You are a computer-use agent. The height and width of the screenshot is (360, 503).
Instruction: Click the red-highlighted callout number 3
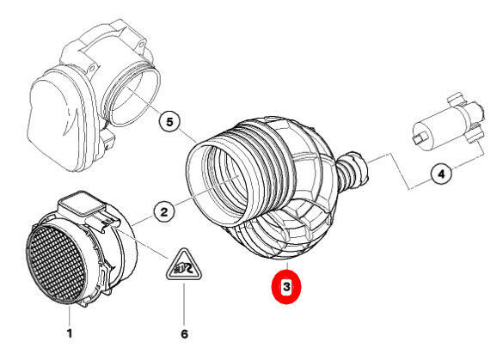pyautogui.click(x=286, y=286)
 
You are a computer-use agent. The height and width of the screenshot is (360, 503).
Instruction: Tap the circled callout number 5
pyautogui.click(x=169, y=122)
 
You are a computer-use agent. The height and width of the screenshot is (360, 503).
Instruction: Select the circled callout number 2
pyautogui.click(x=164, y=212)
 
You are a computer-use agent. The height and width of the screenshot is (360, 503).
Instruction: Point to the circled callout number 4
pyautogui.click(x=441, y=174)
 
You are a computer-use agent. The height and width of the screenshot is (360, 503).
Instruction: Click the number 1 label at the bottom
pyautogui.click(x=70, y=333)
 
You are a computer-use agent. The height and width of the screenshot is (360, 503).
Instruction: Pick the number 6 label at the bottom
pyautogui.click(x=184, y=334)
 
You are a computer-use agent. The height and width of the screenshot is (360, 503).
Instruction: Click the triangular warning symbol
pyautogui.click(x=184, y=265)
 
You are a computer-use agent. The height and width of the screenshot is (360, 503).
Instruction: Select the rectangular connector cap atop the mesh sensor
pyautogui.click(x=82, y=204)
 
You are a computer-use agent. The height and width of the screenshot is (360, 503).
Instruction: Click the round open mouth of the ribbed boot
pyautogui.click(x=218, y=182)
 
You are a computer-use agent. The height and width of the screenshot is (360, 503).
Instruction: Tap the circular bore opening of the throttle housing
pyautogui.click(x=132, y=95)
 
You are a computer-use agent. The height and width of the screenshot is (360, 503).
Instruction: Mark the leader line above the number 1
pyautogui.click(x=70, y=315)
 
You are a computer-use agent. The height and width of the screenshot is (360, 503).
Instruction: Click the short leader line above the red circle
pyautogui.click(x=287, y=266)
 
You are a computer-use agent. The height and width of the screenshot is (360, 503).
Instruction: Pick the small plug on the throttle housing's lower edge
pyautogui.click(x=108, y=141)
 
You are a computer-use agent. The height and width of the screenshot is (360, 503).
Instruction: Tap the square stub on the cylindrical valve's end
pyautogui.click(x=419, y=137)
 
